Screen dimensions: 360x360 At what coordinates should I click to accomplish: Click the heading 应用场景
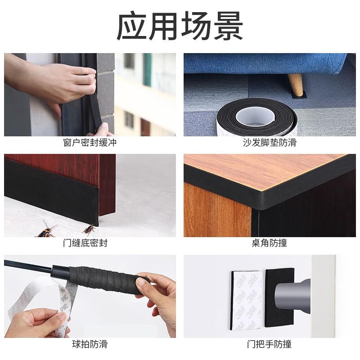180,26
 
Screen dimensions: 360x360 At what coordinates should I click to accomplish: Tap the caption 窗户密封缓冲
90,143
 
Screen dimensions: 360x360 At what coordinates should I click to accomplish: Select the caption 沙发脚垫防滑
270,143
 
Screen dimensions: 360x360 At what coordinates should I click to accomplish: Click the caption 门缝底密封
85,243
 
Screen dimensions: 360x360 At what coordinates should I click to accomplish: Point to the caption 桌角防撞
269,243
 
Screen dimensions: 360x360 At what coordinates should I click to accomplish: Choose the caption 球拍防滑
90,344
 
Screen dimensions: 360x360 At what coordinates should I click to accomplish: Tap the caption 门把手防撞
269,344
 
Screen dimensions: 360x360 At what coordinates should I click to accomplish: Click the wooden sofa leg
296,85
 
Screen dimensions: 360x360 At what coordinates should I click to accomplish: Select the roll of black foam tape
257,117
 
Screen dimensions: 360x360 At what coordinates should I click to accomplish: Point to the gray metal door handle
293,296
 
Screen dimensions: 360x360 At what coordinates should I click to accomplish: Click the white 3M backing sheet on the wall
247,300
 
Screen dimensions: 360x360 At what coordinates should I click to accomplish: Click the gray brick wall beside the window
106,92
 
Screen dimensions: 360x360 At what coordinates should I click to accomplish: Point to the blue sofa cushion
264,63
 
